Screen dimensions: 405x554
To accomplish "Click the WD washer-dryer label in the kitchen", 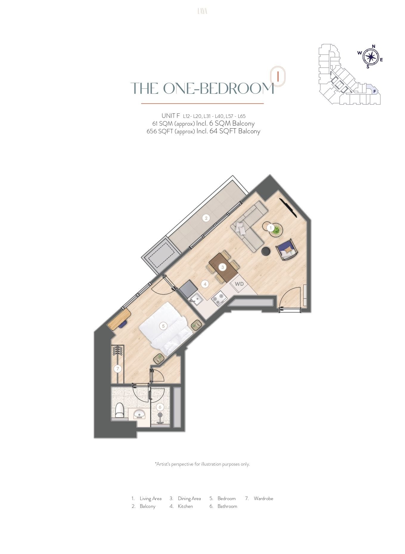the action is tap(239, 284).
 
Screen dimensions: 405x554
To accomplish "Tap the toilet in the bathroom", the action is tap(120, 411).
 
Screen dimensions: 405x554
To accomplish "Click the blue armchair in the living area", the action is tap(286, 249).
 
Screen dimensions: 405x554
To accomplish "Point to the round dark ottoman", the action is tap(266, 251).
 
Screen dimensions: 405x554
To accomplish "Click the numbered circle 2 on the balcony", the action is tap(206, 218).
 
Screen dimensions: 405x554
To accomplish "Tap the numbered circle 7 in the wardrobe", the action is tap(118, 369).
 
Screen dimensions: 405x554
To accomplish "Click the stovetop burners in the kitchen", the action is tap(219, 298).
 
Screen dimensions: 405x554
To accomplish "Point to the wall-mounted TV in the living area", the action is tap(288, 207).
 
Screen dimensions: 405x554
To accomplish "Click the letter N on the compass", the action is tap(374, 46).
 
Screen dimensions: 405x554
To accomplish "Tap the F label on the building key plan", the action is tap(375, 92).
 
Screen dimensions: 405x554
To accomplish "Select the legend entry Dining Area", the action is tap(189, 498).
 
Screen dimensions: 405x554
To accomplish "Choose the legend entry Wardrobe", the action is tap(263, 498).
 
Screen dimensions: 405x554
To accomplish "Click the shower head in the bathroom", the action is tap(160, 415).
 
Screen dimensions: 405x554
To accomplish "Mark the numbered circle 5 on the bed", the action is tap(163, 326).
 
